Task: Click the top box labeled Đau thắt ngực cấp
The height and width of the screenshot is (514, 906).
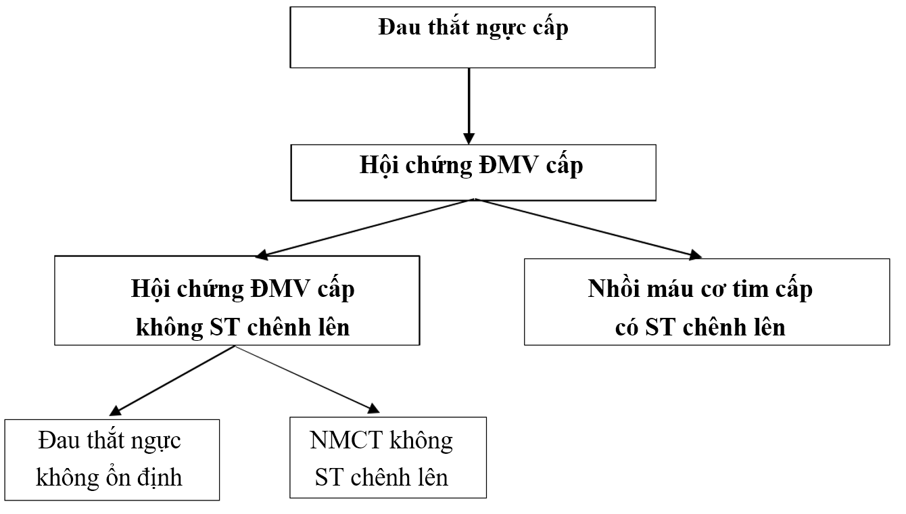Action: click(x=473, y=37)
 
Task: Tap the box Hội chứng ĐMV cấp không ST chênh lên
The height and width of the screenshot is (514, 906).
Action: click(x=237, y=300)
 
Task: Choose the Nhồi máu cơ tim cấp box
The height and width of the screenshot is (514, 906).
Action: click(x=707, y=302)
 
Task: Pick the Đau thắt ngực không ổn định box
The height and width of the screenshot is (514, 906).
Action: click(x=112, y=459)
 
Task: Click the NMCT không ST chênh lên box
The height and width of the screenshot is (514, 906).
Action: click(x=387, y=458)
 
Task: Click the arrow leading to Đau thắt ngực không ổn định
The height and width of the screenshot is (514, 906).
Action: click(x=172, y=379)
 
